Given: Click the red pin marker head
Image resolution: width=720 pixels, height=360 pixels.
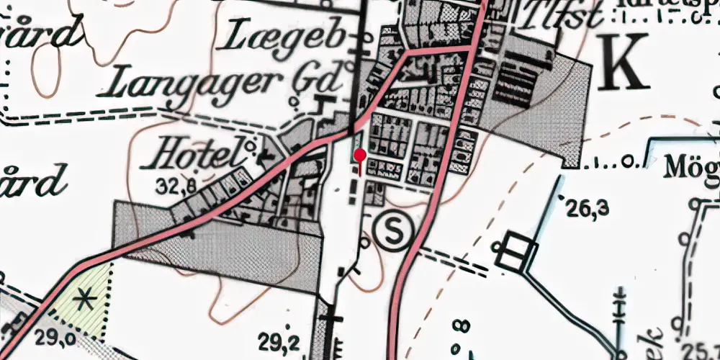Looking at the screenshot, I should point(360,155).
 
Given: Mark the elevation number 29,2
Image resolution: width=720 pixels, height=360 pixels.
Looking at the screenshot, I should point(282,338).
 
